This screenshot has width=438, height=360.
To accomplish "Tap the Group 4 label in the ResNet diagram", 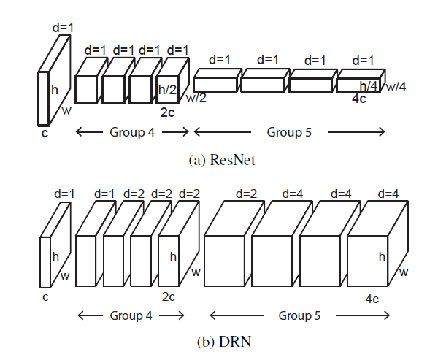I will coord(131,132).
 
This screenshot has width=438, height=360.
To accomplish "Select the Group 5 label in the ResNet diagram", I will coord(288,132).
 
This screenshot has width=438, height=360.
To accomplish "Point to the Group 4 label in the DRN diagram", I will coord(131,316).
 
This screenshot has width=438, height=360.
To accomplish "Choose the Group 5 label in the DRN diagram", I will coord(301,316).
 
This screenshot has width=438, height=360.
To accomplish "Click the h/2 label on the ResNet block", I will coord(167,89).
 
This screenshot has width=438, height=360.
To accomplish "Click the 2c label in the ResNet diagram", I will coord(167,112).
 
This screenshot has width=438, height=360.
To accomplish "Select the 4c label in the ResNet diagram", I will coord(360,98).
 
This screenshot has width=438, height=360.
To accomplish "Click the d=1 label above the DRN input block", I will coord(64,194).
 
